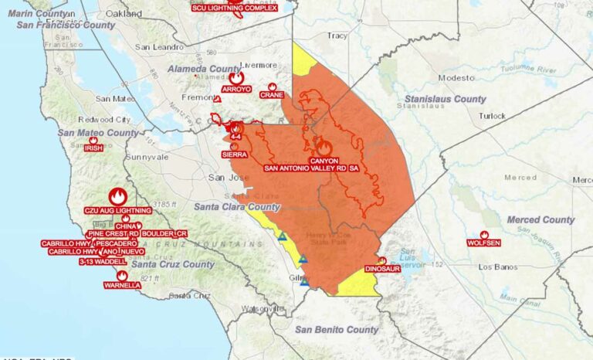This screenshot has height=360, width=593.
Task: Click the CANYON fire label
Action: [x=324, y=161]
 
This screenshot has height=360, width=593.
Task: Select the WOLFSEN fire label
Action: [x=484, y=243]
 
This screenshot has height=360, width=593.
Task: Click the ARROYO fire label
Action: [x=236, y=90]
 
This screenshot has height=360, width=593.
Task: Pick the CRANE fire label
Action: [x=272, y=95]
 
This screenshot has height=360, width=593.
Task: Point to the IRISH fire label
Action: [x=93, y=148]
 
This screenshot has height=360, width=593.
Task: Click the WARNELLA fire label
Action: [x=122, y=285]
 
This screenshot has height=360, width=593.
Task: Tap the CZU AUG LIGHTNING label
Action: [x=117, y=210]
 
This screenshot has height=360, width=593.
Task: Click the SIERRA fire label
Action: [x=234, y=155]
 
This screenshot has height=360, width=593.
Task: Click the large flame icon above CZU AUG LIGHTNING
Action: [x=117, y=196]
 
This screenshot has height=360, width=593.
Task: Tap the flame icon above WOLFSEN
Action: [x=484, y=234]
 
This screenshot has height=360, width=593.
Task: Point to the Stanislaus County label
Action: [x=446, y=99]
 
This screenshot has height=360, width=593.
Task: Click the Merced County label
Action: [x=540, y=220]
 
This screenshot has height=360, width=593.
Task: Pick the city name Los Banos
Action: [x=496, y=267]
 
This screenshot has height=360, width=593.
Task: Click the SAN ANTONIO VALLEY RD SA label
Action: [x=311, y=168]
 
